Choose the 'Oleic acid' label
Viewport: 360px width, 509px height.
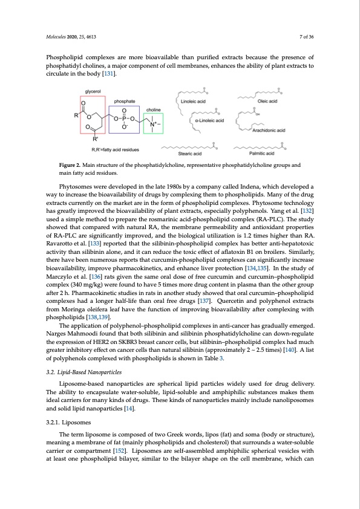pyautogui.click(x=265, y=102)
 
